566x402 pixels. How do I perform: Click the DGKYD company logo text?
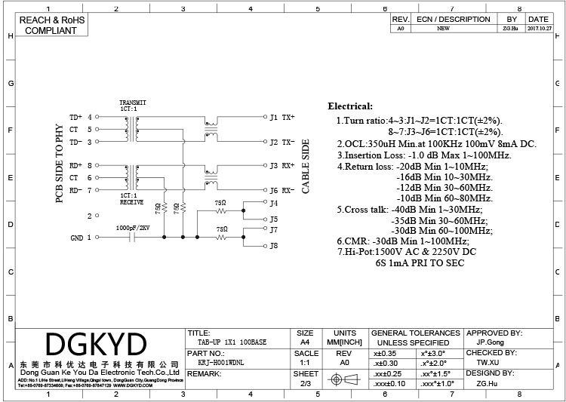click(96, 345)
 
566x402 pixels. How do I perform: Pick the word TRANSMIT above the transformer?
click(133, 103)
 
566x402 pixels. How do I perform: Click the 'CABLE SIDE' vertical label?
click(306, 166)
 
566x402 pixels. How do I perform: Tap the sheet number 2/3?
click(305, 384)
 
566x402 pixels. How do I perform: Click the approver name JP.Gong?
click(492, 342)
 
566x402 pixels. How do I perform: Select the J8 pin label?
click(274, 246)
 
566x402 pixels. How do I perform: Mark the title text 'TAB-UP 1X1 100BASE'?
click(226, 342)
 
